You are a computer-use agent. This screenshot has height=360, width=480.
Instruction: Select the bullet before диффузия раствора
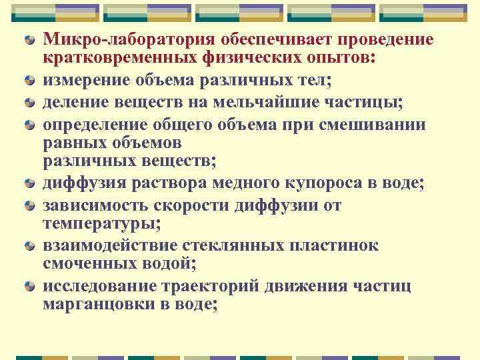click(30, 184)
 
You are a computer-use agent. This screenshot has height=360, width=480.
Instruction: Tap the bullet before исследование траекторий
click(30, 287)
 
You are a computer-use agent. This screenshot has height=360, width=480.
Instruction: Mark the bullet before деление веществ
click(30, 103)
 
